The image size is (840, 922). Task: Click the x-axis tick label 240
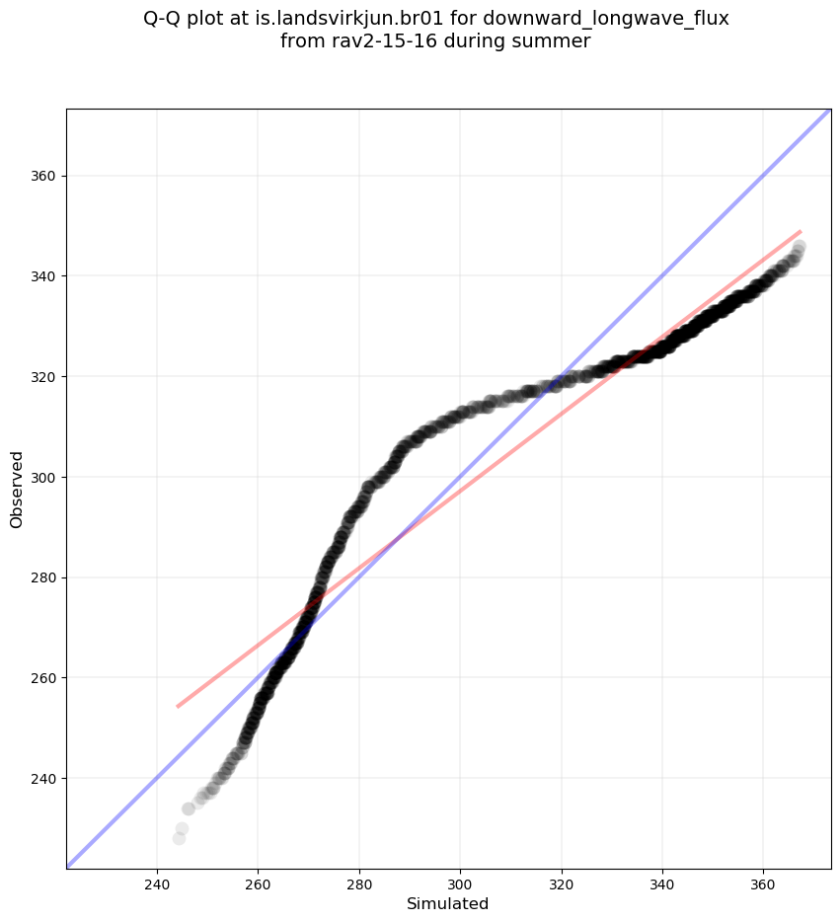click(x=157, y=881)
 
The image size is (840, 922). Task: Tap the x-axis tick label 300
click(x=460, y=881)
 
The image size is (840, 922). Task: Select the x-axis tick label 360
click(x=763, y=881)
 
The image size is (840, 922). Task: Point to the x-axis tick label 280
click(x=359, y=881)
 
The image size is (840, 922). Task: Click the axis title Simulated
click(x=448, y=903)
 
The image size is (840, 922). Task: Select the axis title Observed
click(x=17, y=490)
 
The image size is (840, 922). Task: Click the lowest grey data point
click(x=179, y=838)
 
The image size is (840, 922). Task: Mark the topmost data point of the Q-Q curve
click(x=799, y=246)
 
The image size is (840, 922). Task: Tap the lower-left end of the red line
click(x=178, y=706)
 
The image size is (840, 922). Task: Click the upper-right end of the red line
click(x=800, y=231)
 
